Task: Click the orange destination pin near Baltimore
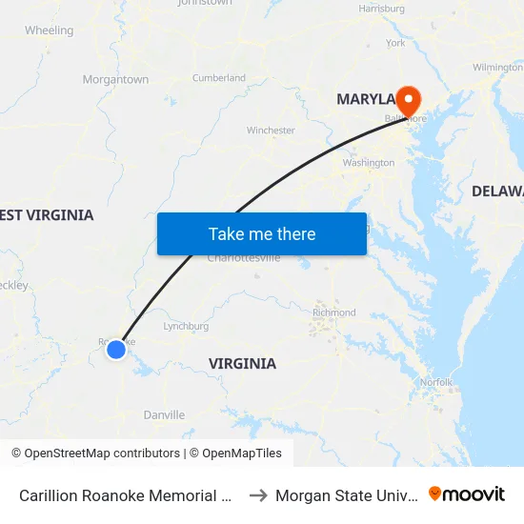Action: [408, 100]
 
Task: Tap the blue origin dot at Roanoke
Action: [116, 350]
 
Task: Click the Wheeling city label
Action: [49, 30]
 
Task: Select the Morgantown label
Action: [115, 80]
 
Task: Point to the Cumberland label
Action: [219, 78]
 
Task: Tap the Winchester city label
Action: [271, 130]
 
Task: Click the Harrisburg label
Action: [381, 9]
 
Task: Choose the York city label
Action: [395, 43]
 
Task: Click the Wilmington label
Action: [498, 68]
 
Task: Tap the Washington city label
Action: [368, 163]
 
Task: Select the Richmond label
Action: [334, 312]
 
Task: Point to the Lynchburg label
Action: [186, 326]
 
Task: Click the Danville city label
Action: [164, 414]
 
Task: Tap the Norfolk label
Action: [436, 382]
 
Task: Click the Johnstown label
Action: [205, 3]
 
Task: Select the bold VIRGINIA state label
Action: [242, 363]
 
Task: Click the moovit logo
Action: [467, 494]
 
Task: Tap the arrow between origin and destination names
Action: [257, 494]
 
